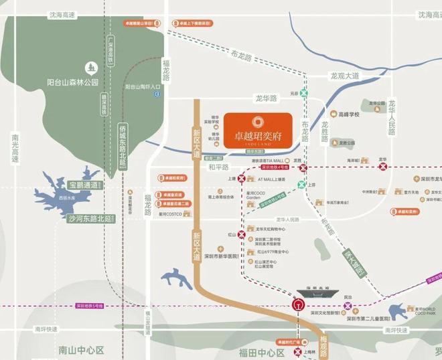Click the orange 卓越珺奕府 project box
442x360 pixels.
tap(258, 129)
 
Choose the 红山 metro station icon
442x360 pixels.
tap(232, 235)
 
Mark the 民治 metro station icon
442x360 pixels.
tap(348, 305)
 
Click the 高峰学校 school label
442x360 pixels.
tap(349, 114)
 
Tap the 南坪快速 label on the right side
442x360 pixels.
tap(396, 331)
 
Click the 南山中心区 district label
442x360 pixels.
tap(82, 350)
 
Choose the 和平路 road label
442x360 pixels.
tap(218, 167)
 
